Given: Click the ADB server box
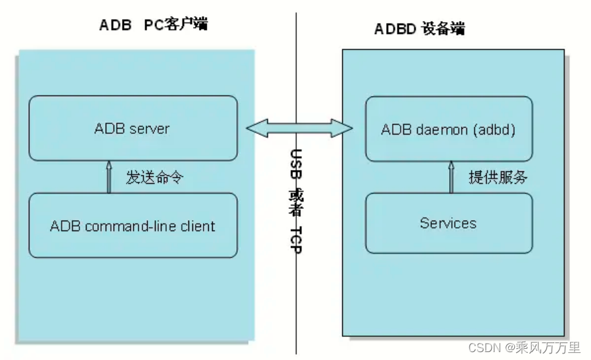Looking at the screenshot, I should [x=133, y=128].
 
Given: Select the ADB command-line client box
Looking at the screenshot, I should [x=133, y=225].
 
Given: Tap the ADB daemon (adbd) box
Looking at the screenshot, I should [x=449, y=129].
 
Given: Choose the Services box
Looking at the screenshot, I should [x=449, y=223].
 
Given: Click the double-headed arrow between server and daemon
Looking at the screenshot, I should [x=299, y=128].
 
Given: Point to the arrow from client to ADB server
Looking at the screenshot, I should [x=108, y=177].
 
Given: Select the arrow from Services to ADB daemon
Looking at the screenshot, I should [x=451, y=177].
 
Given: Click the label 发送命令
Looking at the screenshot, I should [x=154, y=177].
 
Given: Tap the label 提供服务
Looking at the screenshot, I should [x=498, y=177].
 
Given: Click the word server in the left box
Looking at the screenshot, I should [x=150, y=128].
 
